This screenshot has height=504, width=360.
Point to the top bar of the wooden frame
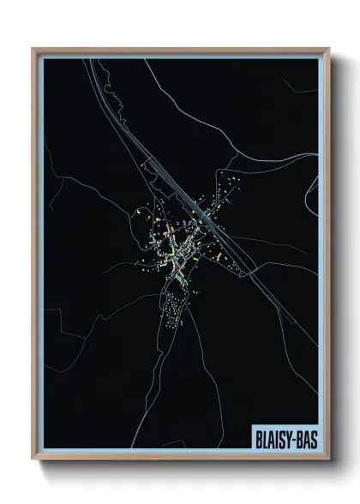180,49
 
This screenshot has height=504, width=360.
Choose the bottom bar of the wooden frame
180,460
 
